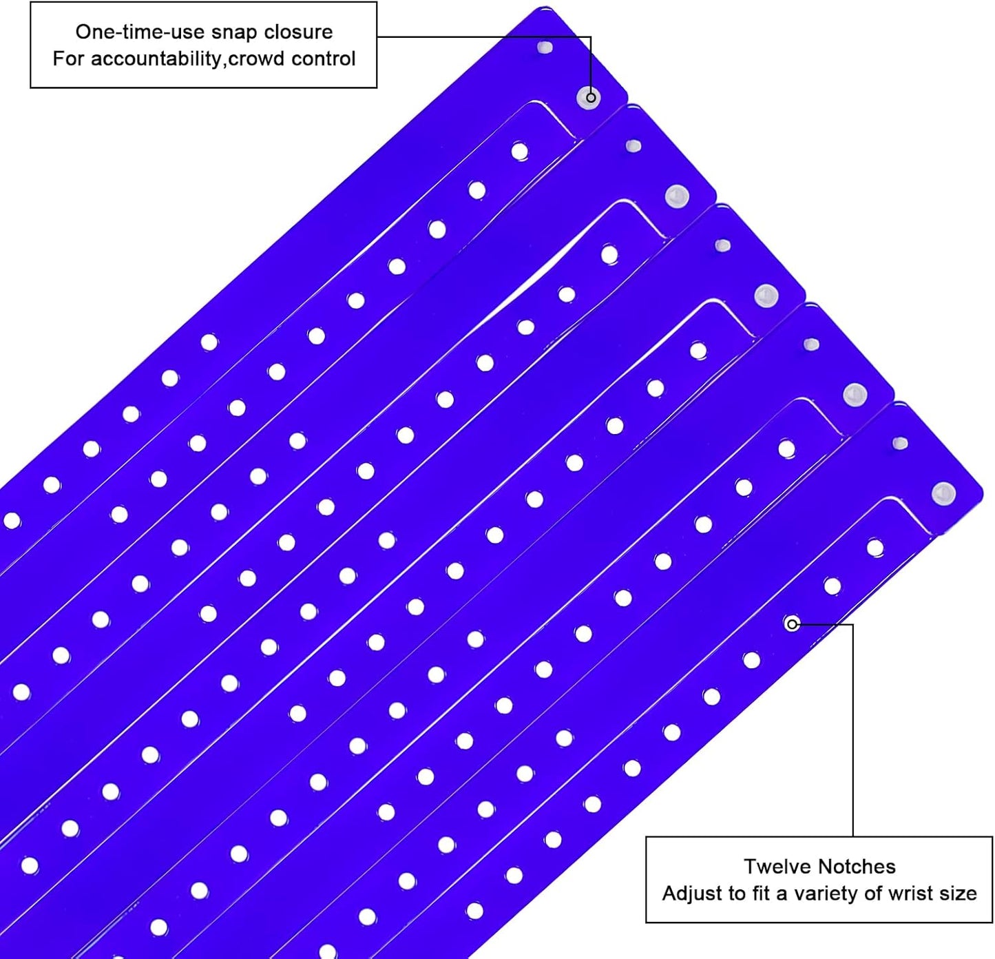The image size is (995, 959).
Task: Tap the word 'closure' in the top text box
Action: [298, 32]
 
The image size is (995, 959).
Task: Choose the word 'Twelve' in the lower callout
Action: [777, 867]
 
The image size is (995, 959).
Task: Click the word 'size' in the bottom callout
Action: [959, 894]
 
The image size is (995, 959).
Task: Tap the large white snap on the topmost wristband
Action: [589, 98]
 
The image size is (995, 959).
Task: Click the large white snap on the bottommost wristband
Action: [943, 493]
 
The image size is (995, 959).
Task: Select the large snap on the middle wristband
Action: [766, 296]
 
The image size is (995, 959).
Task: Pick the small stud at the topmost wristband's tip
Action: [545, 48]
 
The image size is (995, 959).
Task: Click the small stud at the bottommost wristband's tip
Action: [900, 443]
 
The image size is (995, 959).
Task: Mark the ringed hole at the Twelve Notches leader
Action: [792, 624]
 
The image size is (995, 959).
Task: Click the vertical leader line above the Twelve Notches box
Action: [852, 730]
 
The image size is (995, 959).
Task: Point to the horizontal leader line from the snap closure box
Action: [483, 37]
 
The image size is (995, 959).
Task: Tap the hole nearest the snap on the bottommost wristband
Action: [875, 548]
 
